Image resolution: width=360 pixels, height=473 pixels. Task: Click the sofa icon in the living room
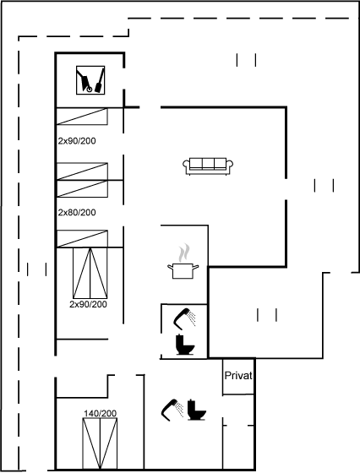(208, 166)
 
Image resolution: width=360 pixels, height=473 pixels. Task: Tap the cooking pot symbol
(183, 270)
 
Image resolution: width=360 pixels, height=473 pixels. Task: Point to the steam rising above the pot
(184, 253)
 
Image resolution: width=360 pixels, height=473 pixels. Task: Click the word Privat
(238, 376)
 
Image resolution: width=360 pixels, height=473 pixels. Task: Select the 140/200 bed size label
(101, 413)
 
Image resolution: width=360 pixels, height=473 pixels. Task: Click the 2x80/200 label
(77, 212)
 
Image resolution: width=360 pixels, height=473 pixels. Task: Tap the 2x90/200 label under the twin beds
(88, 304)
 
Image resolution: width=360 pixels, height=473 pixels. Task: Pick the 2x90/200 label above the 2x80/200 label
(77, 140)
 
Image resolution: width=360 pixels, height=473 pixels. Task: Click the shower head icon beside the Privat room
(172, 410)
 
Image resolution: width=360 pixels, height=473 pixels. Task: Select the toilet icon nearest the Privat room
(196, 410)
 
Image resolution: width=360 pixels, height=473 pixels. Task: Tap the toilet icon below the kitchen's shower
(184, 345)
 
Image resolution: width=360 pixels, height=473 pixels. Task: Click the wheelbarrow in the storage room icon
(85, 80)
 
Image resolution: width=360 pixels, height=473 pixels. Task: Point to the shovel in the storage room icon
(100, 80)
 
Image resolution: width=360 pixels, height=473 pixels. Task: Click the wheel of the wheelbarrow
(89, 90)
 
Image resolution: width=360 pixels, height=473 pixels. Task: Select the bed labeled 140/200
(100, 443)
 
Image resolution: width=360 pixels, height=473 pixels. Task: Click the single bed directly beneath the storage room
(82, 117)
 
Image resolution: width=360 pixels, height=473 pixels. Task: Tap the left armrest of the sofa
(186, 165)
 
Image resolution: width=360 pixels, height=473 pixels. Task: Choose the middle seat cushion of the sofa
(208, 163)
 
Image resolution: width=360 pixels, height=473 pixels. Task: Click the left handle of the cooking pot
(170, 267)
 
